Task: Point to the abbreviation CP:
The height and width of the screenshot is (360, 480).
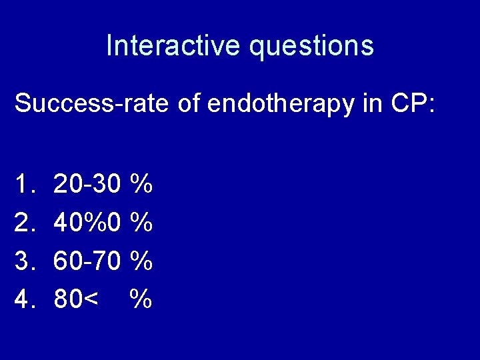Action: tap(413, 104)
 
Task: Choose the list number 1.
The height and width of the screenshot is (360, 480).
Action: tap(25, 183)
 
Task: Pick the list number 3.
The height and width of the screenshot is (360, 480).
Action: tap(25, 261)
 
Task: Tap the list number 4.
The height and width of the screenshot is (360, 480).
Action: tap(25, 300)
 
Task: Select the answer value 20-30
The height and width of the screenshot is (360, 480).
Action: tap(87, 183)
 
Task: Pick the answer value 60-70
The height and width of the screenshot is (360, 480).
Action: tap(87, 261)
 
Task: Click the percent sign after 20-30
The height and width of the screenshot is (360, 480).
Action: tap(141, 183)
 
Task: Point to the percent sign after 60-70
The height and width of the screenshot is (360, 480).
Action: tap(141, 261)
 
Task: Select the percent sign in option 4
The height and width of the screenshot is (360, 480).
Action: tap(141, 300)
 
